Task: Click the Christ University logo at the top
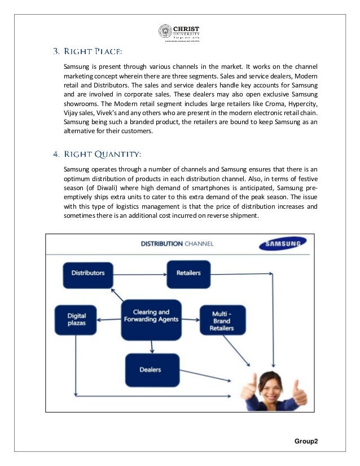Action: (180, 32)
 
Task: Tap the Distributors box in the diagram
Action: (87, 273)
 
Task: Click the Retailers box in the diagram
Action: (188, 273)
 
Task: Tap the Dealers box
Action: (151, 370)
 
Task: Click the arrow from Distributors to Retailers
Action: (139, 273)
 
